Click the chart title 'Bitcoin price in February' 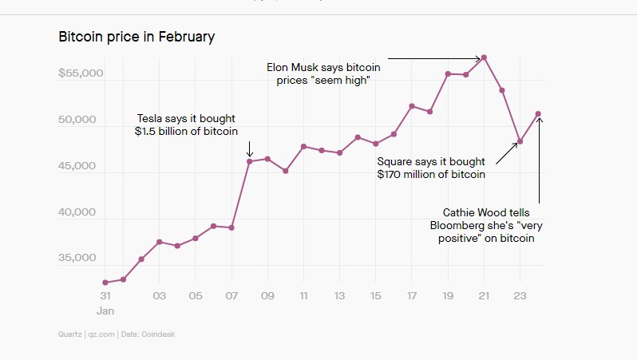click(x=136, y=37)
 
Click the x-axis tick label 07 click(x=231, y=295)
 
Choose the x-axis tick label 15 click(x=376, y=295)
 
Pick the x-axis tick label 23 click(x=520, y=295)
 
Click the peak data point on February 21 click(x=485, y=57)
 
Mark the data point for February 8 click(x=250, y=161)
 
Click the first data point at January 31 click(x=105, y=283)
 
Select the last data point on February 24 click(x=538, y=113)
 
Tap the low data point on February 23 click(x=520, y=142)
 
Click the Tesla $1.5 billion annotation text click(x=187, y=125)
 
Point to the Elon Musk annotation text click(x=322, y=74)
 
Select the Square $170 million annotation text click(x=432, y=167)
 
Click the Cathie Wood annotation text click(x=485, y=225)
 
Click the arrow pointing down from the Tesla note click(x=250, y=148)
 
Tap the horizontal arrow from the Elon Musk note click(x=435, y=58)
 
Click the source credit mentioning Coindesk click(x=117, y=334)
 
